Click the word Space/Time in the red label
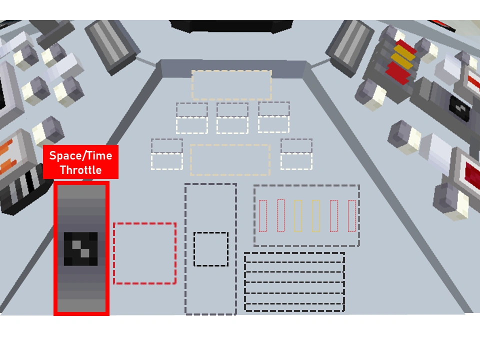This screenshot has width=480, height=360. coord(80,155)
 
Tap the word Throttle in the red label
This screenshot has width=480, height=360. coord(80,170)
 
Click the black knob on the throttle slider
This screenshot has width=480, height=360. coord(80,248)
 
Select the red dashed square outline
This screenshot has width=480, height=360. coord(145,253)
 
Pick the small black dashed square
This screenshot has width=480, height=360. coord(211,249)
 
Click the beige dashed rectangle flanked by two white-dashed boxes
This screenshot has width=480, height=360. coord(230,160)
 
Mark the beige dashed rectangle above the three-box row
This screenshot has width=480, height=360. coord(231,85)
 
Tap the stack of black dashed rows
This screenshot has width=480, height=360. coord(294,282)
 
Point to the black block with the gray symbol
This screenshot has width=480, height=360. coord(459,108)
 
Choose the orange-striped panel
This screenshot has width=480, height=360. coord(7,160)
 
